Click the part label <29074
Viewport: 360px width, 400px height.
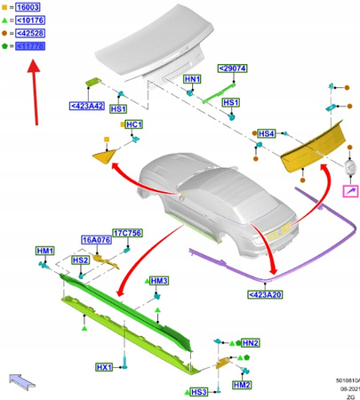pyautogui.click(x=233, y=68)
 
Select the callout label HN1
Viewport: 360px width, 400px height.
pyautogui.click(x=192, y=80)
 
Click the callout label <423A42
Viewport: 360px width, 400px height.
pyautogui.click(x=86, y=107)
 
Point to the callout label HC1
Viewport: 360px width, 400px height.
pyautogui.click(x=134, y=125)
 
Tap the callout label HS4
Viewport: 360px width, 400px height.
pyautogui.click(x=266, y=133)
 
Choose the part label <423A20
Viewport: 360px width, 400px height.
pyautogui.click(x=267, y=293)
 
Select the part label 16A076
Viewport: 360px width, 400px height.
pyautogui.click(x=97, y=240)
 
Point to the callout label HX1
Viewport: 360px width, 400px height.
pyautogui.click(x=104, y=367)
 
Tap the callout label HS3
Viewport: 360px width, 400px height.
pyautogui.click(x=198, y=391)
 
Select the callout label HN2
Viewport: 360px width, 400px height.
pyautogui.click(x=251, y=342)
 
